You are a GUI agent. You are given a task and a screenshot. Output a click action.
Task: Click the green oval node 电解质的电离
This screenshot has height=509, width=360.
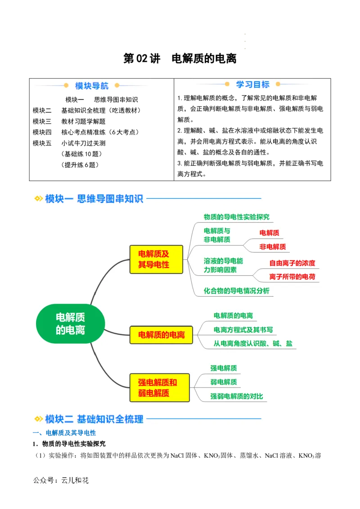(70, 324)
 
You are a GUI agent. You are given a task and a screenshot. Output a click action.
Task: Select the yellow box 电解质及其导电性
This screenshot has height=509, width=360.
(156, 259)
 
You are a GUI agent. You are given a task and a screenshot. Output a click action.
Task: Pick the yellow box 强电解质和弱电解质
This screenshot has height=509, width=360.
(157, 388)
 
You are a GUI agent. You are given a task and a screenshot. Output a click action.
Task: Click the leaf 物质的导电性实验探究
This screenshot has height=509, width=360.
(236, 217)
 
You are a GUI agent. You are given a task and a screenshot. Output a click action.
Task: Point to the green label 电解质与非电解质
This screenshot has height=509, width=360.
(217, 235)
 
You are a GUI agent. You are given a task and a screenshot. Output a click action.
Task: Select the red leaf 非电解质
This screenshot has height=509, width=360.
(272, 246)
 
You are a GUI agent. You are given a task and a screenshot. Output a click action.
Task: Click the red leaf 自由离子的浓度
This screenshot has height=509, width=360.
(292, 263)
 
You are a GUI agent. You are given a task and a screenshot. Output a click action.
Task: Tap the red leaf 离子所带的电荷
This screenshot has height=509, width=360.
(292, 276)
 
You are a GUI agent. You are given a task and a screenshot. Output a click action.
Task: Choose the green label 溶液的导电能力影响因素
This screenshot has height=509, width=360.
(223, 265)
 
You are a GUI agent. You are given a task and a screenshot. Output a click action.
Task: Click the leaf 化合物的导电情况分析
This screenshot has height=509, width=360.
(236, 290)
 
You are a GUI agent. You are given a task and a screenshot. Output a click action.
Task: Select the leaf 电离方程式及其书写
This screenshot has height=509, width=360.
(243, 330)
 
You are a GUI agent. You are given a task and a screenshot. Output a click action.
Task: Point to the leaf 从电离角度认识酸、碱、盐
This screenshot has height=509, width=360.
(252, 344)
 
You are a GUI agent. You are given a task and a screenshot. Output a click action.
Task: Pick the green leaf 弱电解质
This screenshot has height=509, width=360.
(223, 382)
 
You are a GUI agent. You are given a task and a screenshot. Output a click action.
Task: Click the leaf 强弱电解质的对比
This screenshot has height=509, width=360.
(236, 396)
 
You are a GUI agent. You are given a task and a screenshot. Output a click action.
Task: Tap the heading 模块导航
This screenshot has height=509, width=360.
(92, 86)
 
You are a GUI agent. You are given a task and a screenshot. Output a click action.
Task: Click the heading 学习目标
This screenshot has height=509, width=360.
(252, 85)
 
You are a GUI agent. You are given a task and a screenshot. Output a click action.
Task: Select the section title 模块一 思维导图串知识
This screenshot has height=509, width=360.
(94, 198)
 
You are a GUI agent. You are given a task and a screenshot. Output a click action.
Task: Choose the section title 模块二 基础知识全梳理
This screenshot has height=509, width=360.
(94, 419)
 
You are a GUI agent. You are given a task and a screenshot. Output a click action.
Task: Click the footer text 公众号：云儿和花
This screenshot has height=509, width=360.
(61, 480)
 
